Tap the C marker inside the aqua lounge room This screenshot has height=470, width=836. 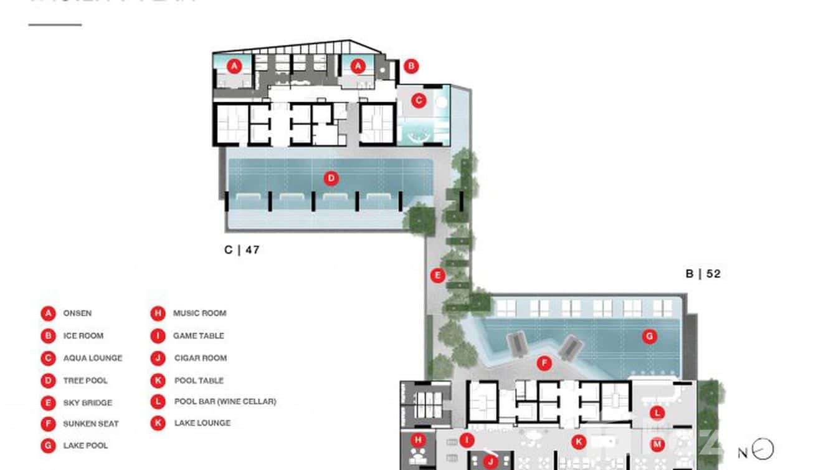pos(419,99)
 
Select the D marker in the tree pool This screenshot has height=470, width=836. pos(331,179)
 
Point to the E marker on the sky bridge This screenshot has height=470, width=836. pos(438,275)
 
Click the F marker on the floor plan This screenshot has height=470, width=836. pos(544,363)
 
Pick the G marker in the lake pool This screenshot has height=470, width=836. pos(649,337)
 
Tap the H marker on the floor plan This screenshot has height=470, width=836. pos(419,440)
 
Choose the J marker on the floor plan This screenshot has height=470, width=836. pos(491,462)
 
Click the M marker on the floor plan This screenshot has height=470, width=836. pos(656,444)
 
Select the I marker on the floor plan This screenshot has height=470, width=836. pos(467,441)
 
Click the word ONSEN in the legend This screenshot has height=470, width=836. pos(77,313)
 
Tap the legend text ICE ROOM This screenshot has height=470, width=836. pos(83,335)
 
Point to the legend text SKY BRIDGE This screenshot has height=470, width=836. pos(87,403)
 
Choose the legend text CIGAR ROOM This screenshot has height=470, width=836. pos(199,358)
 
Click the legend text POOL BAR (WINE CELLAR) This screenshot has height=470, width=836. pos(224,401)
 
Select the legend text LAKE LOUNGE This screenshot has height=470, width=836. pos(202,423)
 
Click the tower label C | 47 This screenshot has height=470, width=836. pos(242,250)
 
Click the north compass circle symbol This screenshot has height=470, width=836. pos(764,449)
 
